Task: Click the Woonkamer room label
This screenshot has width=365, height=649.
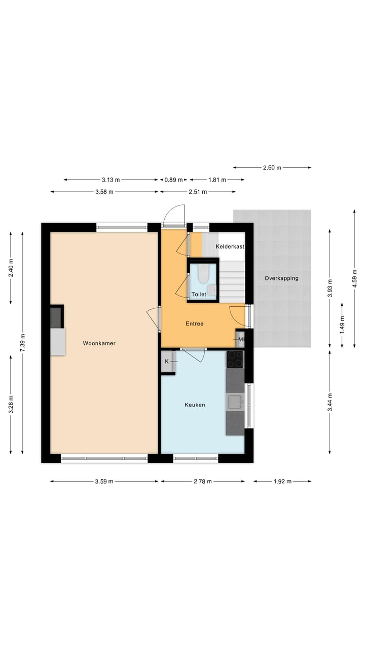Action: point(99,343)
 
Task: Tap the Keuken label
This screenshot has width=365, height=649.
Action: point(195,405)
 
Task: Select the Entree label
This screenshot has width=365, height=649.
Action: point(194,323)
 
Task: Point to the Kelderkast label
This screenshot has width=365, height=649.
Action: point(230,246)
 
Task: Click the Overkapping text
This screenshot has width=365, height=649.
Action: point(281,278)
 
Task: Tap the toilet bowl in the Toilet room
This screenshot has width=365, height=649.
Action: point(203,274)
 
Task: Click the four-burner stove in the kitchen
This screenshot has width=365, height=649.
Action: point(235,359)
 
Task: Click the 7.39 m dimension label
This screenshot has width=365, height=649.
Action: point(23,343)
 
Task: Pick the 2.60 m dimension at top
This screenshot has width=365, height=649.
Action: point(272,168)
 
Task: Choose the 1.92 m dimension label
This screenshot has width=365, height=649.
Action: point(282,482)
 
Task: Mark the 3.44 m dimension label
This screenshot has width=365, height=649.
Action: point(330,402)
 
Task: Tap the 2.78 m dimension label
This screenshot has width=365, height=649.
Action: point(202,482)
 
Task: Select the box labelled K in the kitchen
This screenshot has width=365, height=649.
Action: point(167,362)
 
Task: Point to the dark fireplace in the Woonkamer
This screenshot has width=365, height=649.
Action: point(56,317)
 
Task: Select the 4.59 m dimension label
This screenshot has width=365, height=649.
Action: point(354,278)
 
